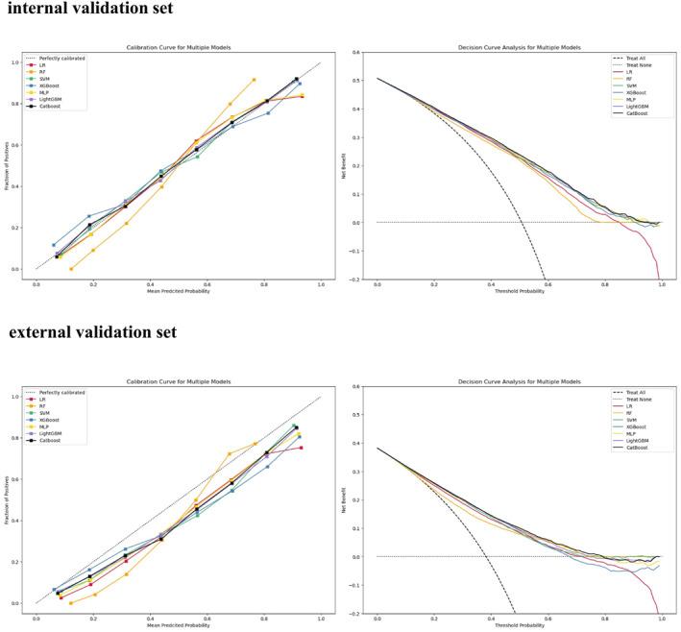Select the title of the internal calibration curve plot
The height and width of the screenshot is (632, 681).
pyautogui.click(x=178, y=47)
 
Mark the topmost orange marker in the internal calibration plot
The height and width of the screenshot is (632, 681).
pyautogui.click(x=254, y=80)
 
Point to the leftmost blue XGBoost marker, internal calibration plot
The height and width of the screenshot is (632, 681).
pyautogui.click(x=54, y=245)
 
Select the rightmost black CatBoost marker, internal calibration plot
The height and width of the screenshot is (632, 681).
pyautogui.click(x=296, y=79)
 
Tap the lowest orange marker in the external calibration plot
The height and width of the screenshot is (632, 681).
pyautogui.click(x=70, y=603)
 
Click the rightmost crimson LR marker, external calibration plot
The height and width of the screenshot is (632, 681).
pyautogui.click(x=301, y=448)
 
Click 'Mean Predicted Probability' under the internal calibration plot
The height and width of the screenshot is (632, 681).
pyautogui.click(x=178, y=290)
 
